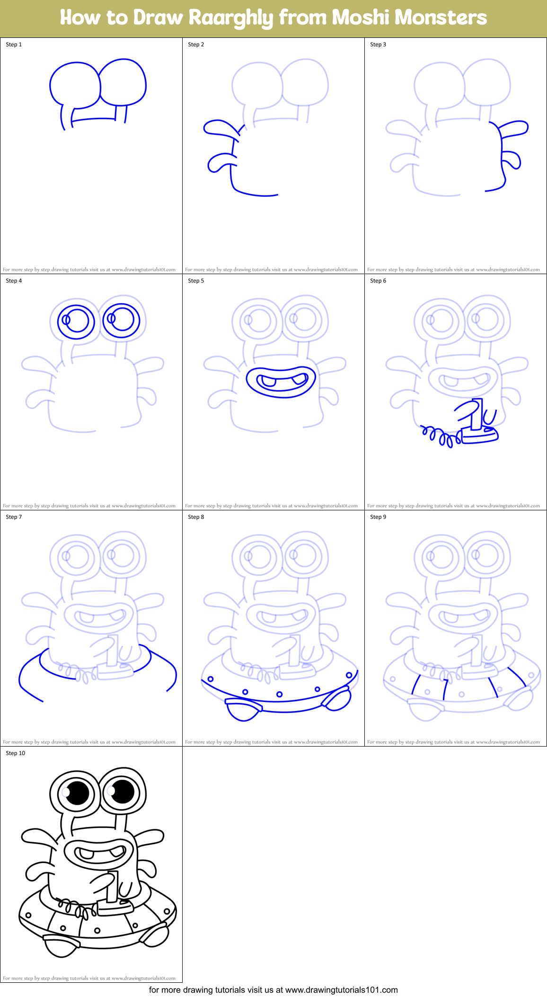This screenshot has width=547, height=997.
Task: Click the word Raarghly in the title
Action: click(x=230, y=18)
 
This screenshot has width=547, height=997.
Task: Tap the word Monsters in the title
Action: click(x=441, y=18)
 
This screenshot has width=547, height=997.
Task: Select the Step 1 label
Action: click(x=14, y=45)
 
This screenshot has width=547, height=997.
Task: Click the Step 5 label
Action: click(x=196, y=281)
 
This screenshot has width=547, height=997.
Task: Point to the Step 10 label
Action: click(x=15, y=753)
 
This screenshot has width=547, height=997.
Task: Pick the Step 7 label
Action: click(x=14, y=517)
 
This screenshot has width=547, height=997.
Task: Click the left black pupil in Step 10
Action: click(x=77, y=792)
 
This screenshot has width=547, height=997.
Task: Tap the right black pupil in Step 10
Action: click(x=122, y=791)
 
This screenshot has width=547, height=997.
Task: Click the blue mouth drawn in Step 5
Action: click(x=281, y=382)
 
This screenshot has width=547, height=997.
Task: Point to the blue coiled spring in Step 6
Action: click(x=440, y=437)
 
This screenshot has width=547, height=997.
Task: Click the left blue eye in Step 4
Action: click(x=76, y=321)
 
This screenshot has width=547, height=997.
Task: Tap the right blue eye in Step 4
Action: click(x=122, y=320)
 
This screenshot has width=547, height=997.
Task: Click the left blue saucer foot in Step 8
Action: click(x=243, y=709)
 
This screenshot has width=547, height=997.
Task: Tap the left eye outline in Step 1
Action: click(x=75, y=85)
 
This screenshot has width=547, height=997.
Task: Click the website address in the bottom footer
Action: click(x=341, y=990)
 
